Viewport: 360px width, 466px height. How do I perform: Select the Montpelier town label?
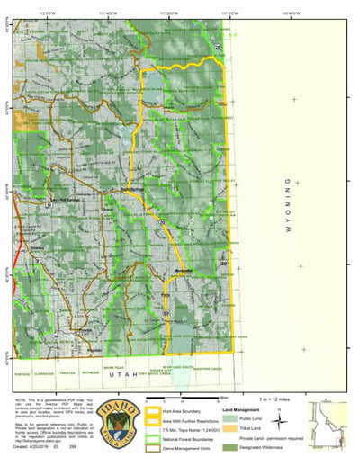[184, 268]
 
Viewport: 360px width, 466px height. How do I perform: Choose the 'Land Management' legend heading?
[239, 408]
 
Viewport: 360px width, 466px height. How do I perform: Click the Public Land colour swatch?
[229, 418]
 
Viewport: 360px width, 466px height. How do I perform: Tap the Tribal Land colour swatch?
[229, 428]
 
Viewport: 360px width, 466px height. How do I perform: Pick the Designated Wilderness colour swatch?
[229, 447]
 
